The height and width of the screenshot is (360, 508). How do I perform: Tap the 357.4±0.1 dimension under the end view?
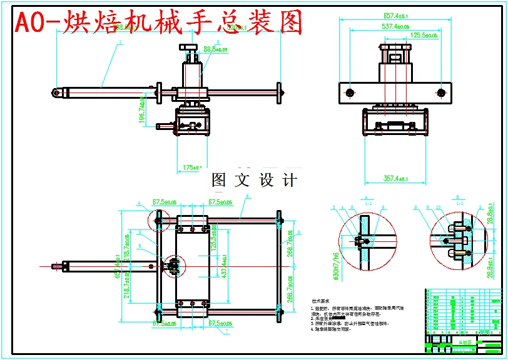tap(395, 179)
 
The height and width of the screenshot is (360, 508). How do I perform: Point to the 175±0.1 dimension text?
tap(191, 167)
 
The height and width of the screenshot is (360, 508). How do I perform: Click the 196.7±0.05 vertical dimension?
tap(143, 110)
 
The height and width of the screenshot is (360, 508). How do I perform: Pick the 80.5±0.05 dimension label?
tap(216, 49)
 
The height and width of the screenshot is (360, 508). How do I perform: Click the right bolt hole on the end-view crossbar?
tap(441, 93)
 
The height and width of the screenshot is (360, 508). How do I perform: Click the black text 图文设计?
tap(254, 181)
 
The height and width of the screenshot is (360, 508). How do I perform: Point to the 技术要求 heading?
tap(320, 301)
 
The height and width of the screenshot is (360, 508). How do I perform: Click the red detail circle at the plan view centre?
tap(171, 266)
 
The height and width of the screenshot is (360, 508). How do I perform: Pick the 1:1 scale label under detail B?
tap(460, 203)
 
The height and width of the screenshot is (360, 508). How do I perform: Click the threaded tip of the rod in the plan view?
tap(63, 266)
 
